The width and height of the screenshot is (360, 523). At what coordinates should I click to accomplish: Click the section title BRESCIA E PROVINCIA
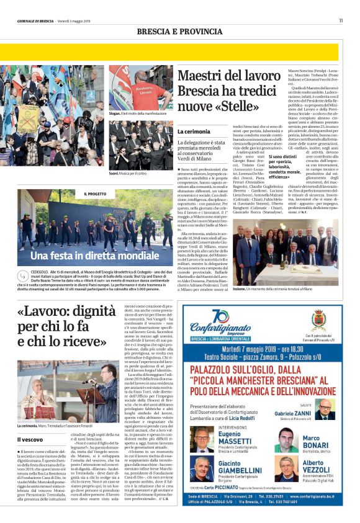point(179,31)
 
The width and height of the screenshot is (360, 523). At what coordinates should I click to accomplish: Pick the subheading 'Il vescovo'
point(30,439)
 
